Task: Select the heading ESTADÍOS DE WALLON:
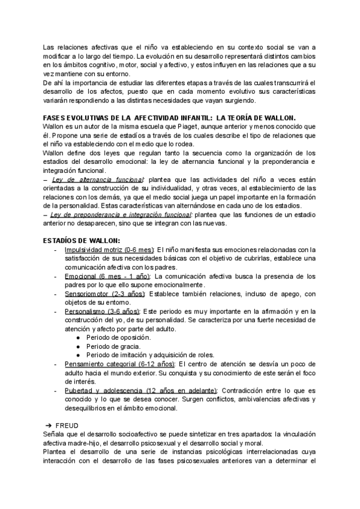(81, 241)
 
